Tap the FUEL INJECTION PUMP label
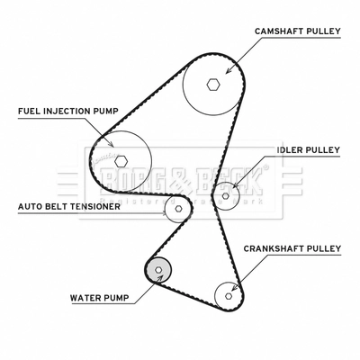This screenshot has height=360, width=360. pos(68,112)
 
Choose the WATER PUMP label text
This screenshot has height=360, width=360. pos(99,296)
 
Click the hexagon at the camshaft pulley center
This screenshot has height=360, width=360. pos(212,85)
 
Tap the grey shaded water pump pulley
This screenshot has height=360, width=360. pos(157,268)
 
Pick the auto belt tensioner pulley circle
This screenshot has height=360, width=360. pos(178,210)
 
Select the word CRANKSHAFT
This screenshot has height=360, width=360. pos(275,247)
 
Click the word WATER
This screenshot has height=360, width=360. pos(86,296)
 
